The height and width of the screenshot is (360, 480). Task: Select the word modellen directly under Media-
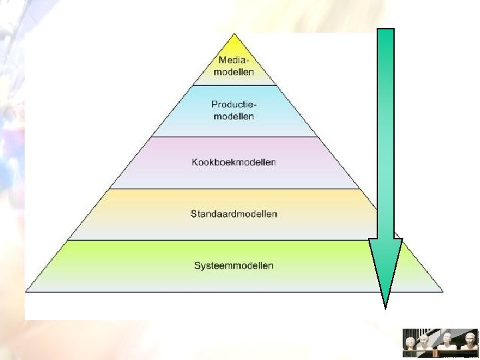(233, 71)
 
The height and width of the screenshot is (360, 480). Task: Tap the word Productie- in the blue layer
(234, 105)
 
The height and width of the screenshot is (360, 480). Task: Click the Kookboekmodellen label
(233, 162)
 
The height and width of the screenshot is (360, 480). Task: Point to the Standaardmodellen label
(233, 214)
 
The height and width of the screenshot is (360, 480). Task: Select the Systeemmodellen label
(233, 265)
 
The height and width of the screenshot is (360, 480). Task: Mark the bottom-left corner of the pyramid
(27, 291)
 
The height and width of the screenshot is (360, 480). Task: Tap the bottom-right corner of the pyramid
(442, 291)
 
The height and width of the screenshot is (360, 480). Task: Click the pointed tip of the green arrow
(385, 307)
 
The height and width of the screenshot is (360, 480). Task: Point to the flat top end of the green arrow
(385, 30)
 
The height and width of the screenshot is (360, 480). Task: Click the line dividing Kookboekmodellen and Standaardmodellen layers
(233, 189)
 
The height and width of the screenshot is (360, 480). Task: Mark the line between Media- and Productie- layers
(234, 85)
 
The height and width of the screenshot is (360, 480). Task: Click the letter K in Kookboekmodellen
(194, 162)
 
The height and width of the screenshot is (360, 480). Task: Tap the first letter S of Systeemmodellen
(197, 265)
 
